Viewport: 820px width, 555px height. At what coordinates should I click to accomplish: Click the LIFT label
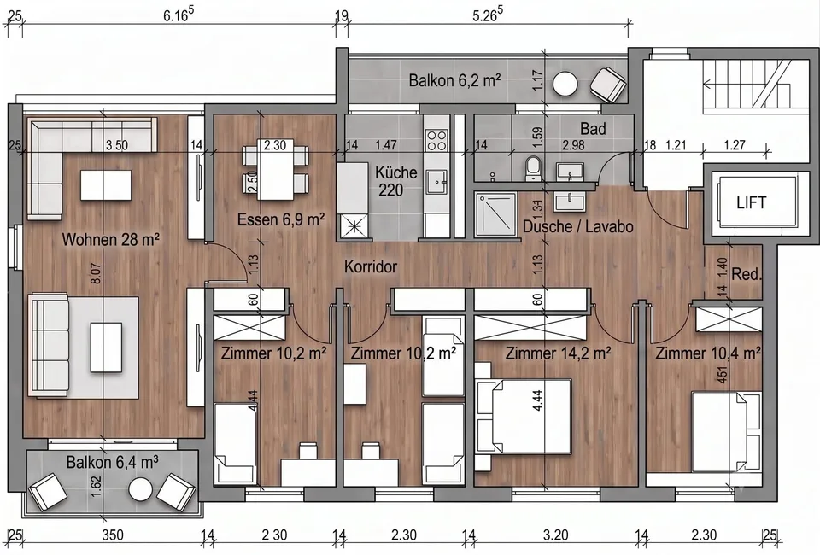[751, 202]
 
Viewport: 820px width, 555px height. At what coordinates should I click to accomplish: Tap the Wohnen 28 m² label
[111, 239]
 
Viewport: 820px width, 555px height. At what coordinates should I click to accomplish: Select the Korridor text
[371, 266]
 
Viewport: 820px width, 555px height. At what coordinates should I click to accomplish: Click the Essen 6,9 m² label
[281, 219]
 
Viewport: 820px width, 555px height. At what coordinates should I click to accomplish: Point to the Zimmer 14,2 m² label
[558, 353]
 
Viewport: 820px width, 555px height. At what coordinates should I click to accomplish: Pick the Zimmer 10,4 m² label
[708, 353]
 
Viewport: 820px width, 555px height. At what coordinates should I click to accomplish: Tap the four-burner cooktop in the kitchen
[436, 140]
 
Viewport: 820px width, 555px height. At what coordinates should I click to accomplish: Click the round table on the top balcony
[565, 83]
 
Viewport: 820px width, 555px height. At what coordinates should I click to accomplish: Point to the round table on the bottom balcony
[141, 490]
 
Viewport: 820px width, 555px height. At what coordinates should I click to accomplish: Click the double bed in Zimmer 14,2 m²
[524, 417]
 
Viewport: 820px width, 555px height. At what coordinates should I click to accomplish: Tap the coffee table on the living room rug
[107, 347]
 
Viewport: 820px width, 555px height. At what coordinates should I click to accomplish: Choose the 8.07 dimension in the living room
[97, 273]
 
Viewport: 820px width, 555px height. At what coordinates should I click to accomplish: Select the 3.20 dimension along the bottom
[555, 535]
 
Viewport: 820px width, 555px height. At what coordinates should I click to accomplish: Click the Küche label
[396, 172]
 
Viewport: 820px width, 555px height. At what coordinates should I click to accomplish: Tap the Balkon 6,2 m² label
[455, 80]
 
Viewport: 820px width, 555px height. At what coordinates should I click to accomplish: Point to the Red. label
[747, 273]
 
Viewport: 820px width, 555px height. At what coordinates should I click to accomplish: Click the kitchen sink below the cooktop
[436, 181]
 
